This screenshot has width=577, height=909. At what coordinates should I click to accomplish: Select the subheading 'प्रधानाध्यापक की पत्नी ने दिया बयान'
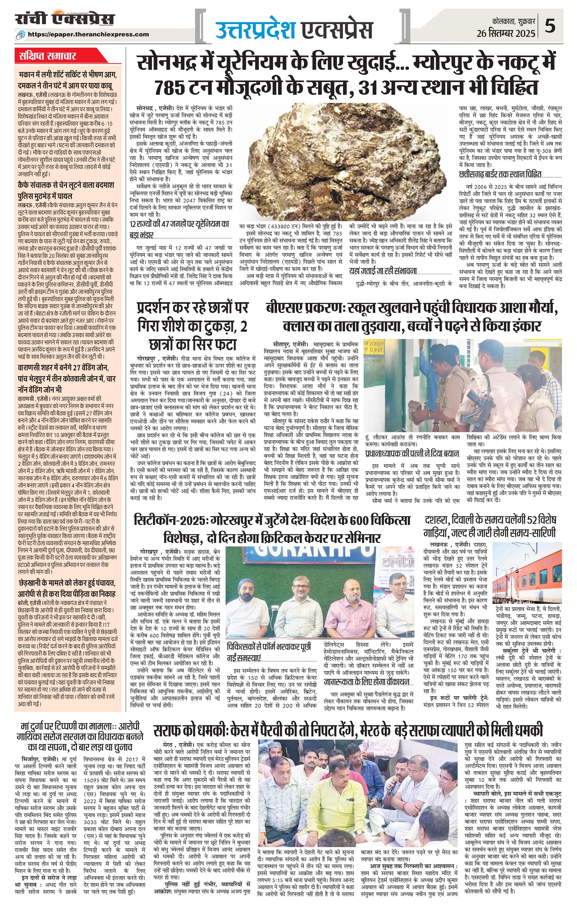pos(412,453)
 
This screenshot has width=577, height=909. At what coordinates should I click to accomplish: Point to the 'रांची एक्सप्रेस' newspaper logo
pos(65,20)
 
